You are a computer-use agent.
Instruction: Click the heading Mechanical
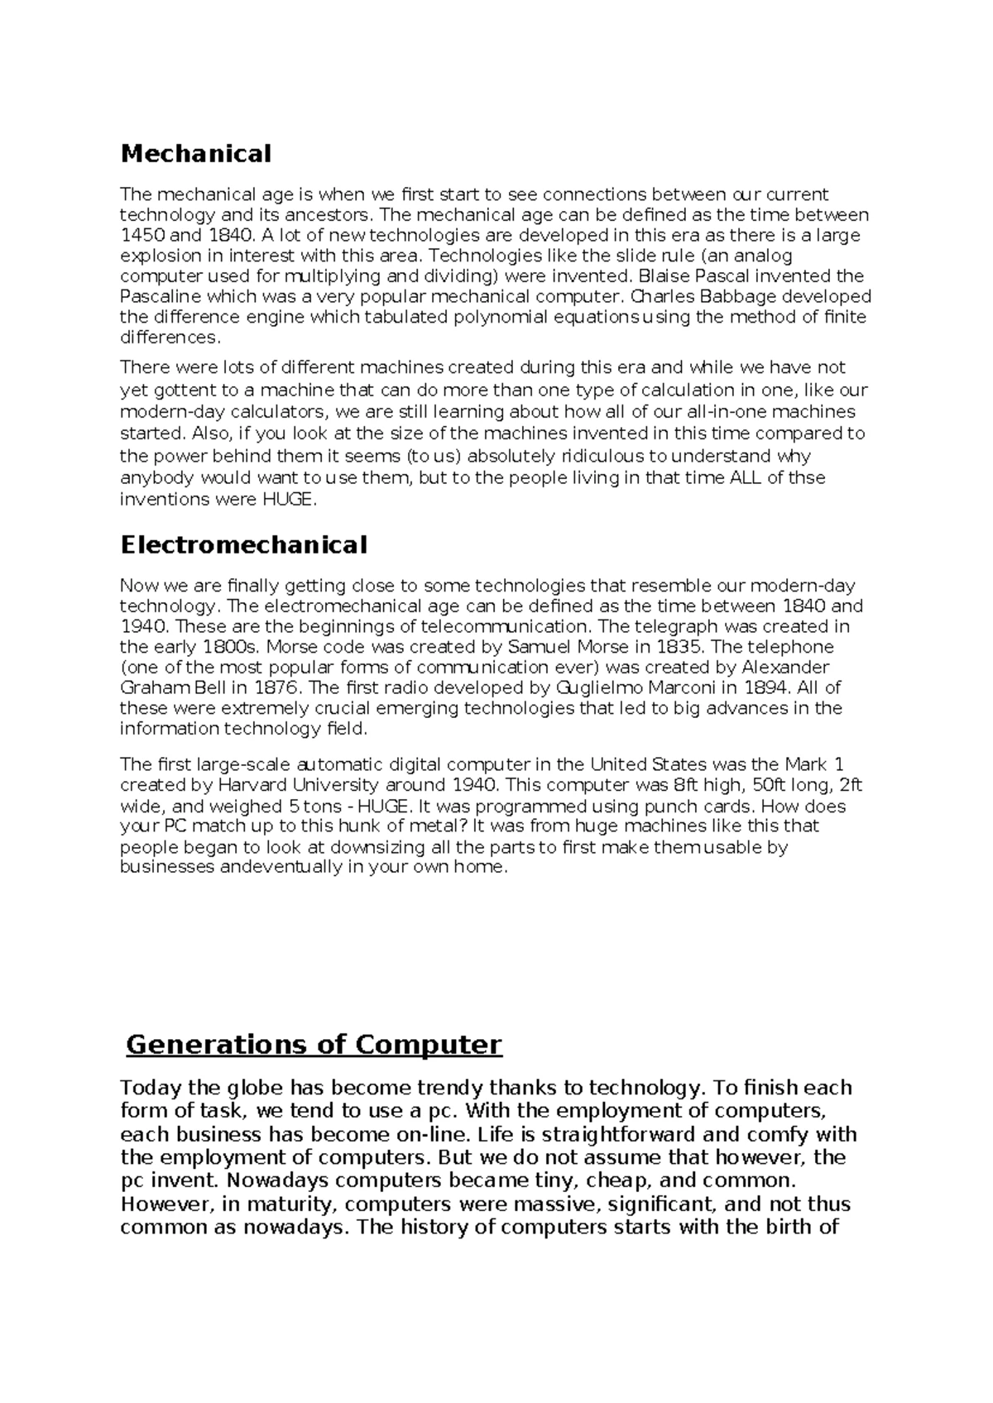click(x=195, y=154)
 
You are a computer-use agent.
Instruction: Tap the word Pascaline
click(x=160, y=296)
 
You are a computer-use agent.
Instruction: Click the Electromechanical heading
click(x=243, y=545)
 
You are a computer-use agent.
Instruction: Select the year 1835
click(x=680, y=646)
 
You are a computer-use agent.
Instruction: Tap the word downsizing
click(x=376, y=847)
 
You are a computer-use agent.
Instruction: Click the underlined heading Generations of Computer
click(x=314, y=1045)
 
